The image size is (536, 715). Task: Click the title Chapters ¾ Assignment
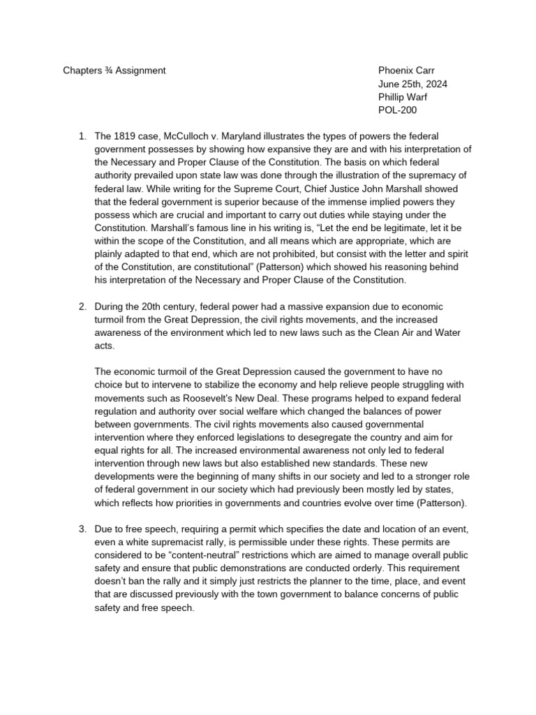pos(114,71)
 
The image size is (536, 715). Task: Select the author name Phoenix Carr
pos(406,71)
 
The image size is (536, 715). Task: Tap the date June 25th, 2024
pos(412,84)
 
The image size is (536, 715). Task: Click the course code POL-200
pos(396,110)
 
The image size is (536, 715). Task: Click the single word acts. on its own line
pos(105,346)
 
